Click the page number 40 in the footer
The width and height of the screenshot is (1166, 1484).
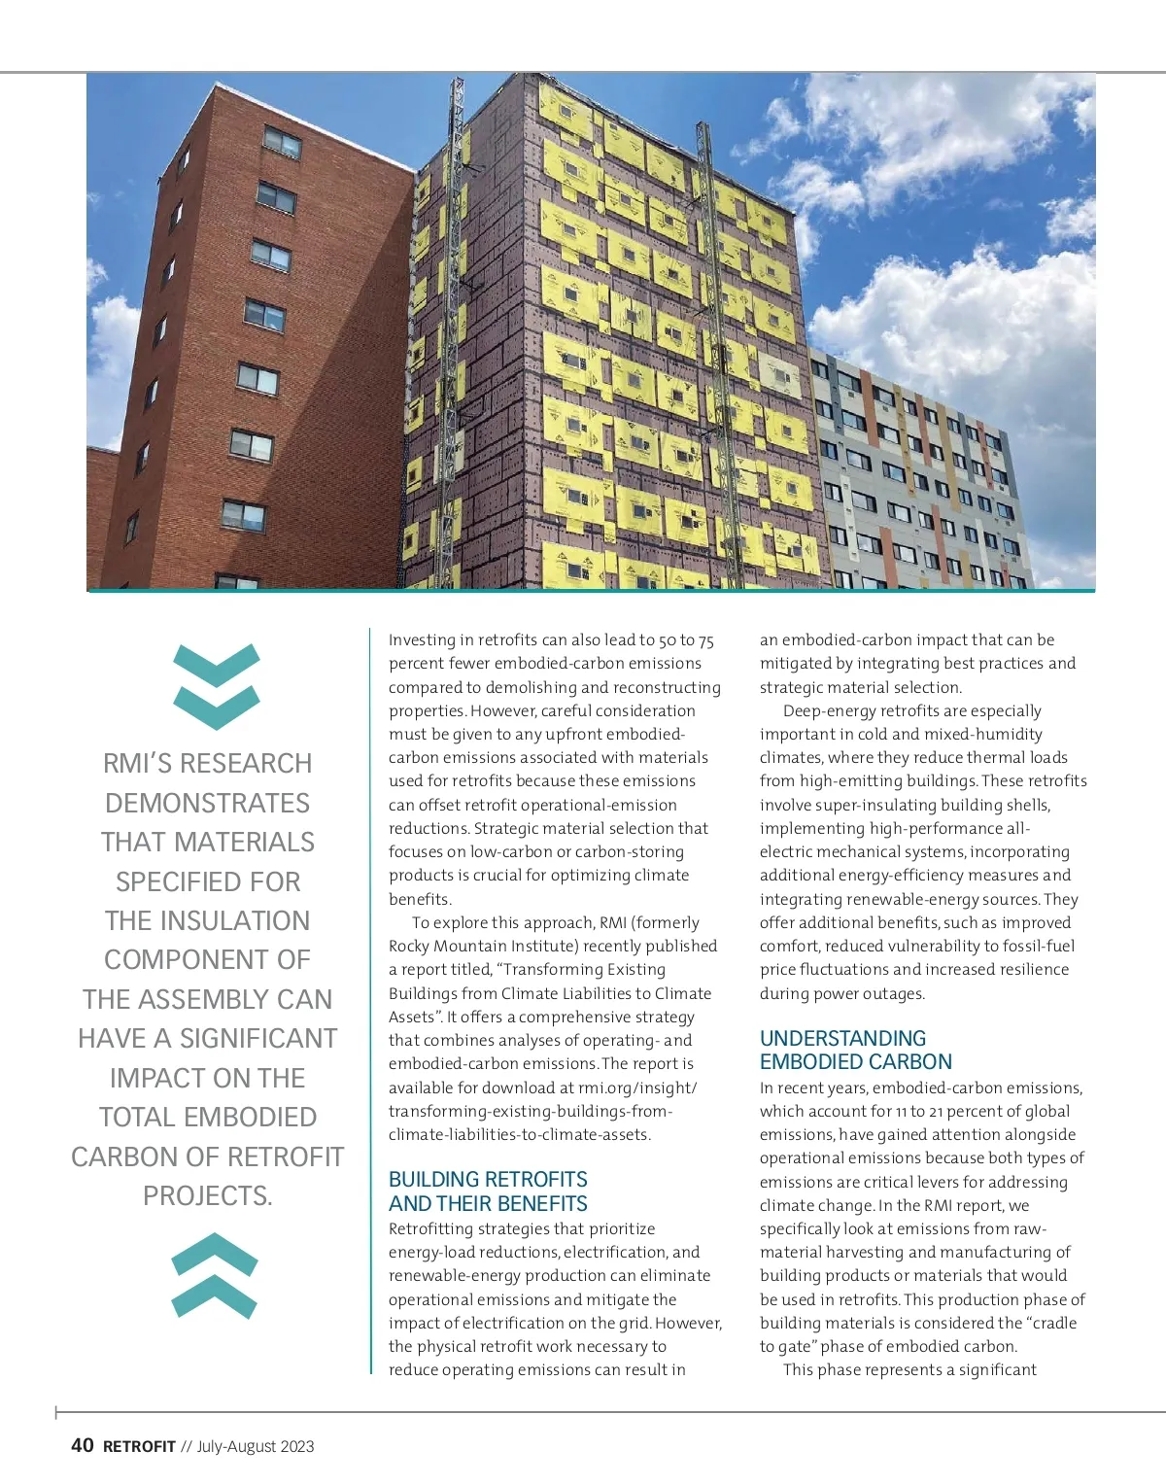tap(83, 1445)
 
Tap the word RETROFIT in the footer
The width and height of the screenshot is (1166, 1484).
tap(139, 1446)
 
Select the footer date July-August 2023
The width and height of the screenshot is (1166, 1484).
tap(256, 1446)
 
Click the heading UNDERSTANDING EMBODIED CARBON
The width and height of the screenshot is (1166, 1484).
tap(855, 1050)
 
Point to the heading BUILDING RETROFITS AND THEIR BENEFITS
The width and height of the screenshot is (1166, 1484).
tap(488, 1191)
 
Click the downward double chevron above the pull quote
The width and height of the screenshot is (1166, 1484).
tap(216, 686)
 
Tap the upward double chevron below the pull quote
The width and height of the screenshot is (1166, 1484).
tap(215, 1275)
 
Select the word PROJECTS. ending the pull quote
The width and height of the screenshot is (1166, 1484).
tap(208, 1195)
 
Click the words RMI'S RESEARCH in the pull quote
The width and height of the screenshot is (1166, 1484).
tap(208, 764)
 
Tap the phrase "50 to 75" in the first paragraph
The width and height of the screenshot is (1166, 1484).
tap(685, 640)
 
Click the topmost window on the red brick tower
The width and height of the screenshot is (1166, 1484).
tap(283, 144)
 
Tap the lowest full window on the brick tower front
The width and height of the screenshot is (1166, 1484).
tap(243, 515)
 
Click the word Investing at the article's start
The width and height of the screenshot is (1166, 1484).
tap(422, 640)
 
